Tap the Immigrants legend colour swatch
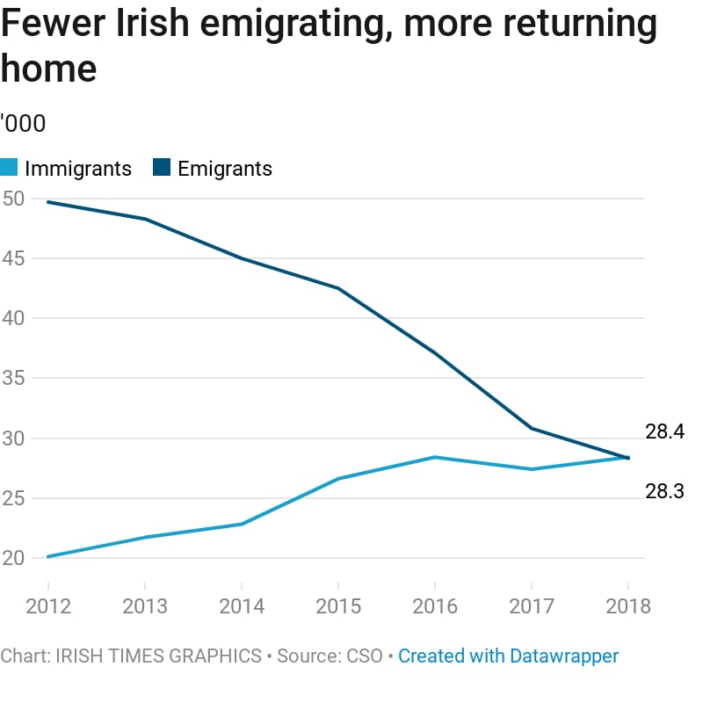click(9, 168)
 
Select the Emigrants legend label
click(225, 169)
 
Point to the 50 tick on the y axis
click(13, 199)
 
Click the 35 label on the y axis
click(13, 379)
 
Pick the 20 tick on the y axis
click(13, 558)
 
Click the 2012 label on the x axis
click(47, 606)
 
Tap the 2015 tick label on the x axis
click(338, 606)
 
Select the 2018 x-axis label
click(627, 606)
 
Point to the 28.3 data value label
click(664, 491)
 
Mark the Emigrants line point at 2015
click(338, 288)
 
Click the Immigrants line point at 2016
click(435, 457)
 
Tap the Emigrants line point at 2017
click(532, 428)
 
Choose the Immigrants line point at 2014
click(242, 524)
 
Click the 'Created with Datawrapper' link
click(508, 656)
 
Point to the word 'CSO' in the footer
click(366, 656)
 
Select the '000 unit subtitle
click(23, 124)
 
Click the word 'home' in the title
click(48, 69)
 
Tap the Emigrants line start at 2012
click(47, 202)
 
